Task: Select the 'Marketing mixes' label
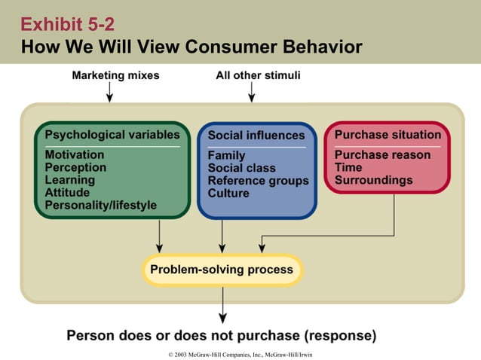click(x=115, y=75)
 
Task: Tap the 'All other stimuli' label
click(x=257, y=75)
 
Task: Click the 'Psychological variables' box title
click(x=112, y=135)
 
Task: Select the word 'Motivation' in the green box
click(x=75, y=155)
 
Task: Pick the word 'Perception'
click(x=75, y=167)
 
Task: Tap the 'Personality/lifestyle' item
click(x=101, y=205)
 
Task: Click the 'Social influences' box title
click(x=256, y=136)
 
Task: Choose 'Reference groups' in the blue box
click(x=258, y=181)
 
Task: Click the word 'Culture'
click(x=228, y=193)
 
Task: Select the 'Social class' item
click(x=241, y=168)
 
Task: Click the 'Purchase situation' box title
click(x=388, y=135)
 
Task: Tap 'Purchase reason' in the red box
click(x=382, y=155)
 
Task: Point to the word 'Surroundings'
click(x=373, y=180)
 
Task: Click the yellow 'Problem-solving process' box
click(x=222, y=270)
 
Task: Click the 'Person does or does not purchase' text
click(x=222, y=335)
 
